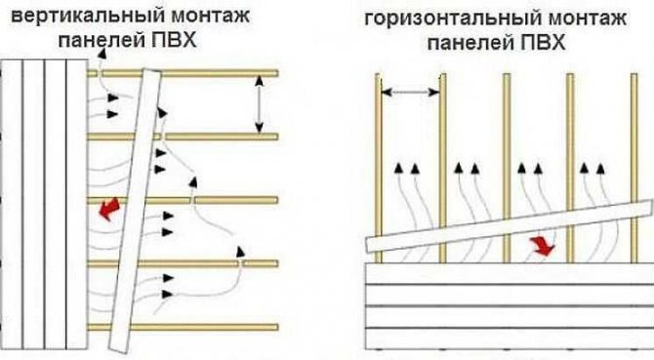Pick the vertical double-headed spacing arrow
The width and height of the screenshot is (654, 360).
pyautogui.click(x=259, y=103)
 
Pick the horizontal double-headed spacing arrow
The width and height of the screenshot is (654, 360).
pyautogui.click(x=410, y=93)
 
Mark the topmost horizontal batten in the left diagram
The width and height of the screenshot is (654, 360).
pyautogui.click(x=225, y=72)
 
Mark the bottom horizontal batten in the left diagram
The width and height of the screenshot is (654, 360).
pyautogui.click(x=225, y=326)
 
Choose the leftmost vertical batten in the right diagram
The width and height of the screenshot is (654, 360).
pyautogui.click(x=378, y=156)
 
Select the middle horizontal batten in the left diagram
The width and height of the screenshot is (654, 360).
pyautogui.click(x=234, y=199)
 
